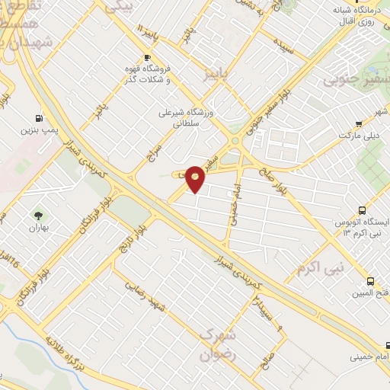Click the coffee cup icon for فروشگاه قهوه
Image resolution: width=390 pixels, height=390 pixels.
tap(147, 57)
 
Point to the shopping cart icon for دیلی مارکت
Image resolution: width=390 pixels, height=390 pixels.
tap(358, 123)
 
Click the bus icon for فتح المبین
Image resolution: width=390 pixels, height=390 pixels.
tap(370, 281)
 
